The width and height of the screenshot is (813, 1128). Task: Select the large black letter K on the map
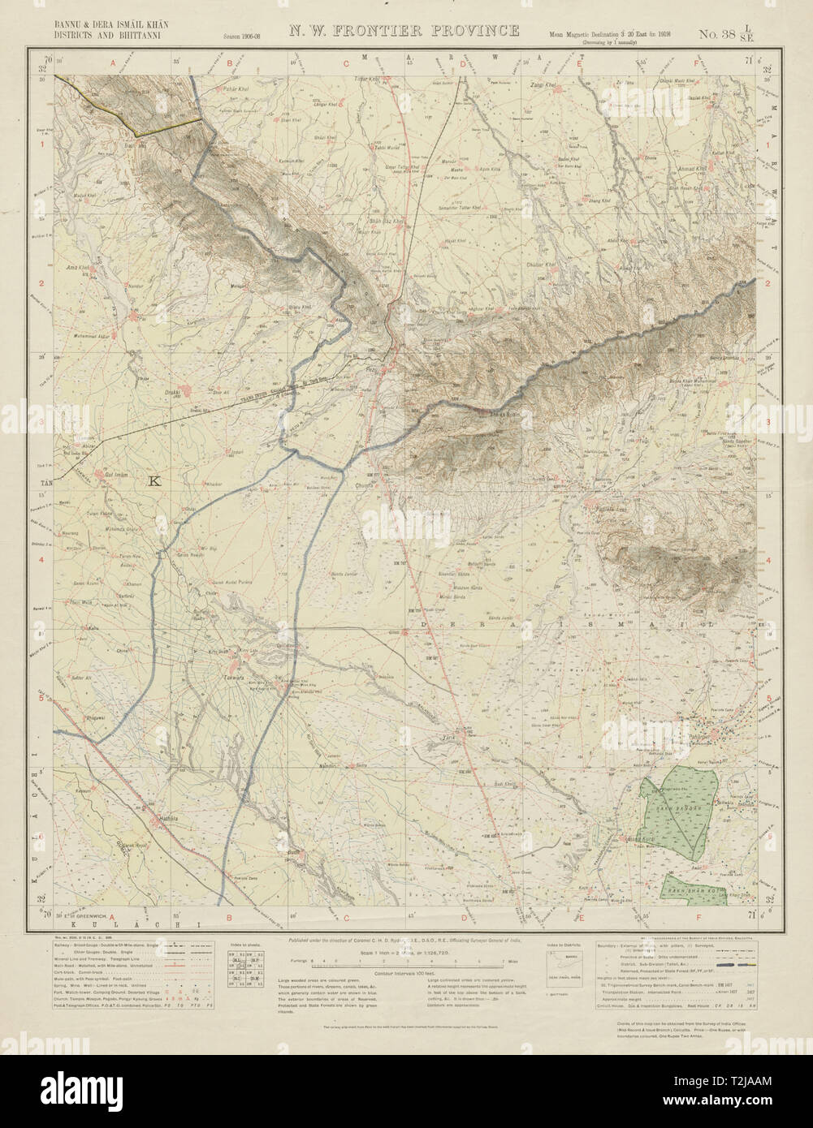pos(156,481)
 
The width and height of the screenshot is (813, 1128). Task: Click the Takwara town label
pos(235,674)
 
